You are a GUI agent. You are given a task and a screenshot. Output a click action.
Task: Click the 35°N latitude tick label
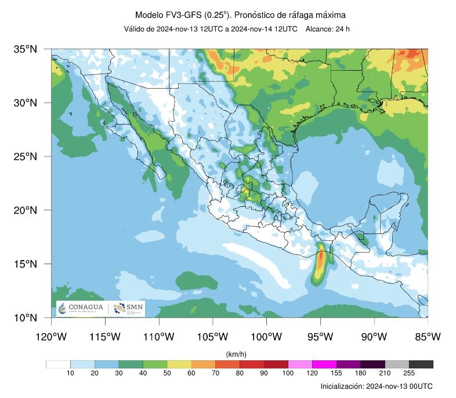(x=25, y=49)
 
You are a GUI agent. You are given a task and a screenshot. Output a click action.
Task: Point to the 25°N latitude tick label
(x=25, y=156)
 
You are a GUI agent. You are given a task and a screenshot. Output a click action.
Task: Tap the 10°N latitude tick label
(x=25, y=317)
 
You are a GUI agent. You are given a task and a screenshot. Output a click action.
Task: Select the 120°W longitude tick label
(x=51, y=337)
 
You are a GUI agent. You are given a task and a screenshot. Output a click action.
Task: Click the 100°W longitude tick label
(x=266, y=337)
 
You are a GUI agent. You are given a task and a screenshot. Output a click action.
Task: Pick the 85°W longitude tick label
(x=428, y=337)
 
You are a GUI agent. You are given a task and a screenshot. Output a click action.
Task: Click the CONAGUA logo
(x=81, y=309)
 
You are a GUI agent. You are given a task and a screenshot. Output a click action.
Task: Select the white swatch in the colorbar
(x=58, y=364)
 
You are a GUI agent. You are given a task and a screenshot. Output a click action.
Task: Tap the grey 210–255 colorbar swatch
(x=397, y=364)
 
